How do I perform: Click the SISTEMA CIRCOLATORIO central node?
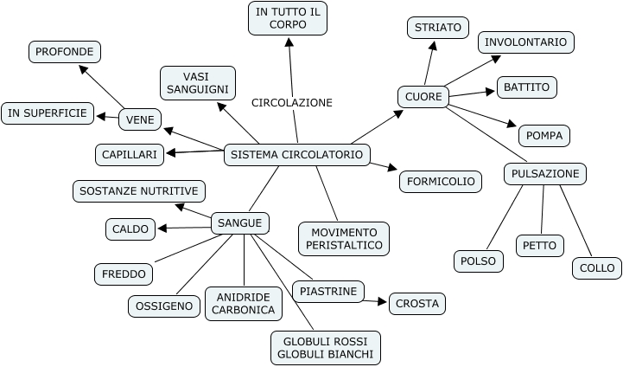(297, 156)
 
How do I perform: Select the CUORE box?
(423, 97)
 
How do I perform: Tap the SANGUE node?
(239, 223)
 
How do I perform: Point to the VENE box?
(139, 119)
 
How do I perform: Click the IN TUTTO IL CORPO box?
(288, 18)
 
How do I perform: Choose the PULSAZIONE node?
(545, 174)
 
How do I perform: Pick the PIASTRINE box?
(328, 292)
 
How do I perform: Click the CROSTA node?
(417, 304)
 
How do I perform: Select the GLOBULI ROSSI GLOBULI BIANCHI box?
(326, 347)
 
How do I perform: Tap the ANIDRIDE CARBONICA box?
(244, 303)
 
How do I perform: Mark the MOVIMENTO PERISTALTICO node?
(344, 239)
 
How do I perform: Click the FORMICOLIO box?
(441, 182)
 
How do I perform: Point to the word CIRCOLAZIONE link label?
(292, 102)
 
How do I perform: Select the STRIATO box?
(437, 28)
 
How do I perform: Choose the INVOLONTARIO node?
(526, 42)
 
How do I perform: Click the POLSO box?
(479, 261)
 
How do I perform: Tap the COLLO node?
(597, 268)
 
